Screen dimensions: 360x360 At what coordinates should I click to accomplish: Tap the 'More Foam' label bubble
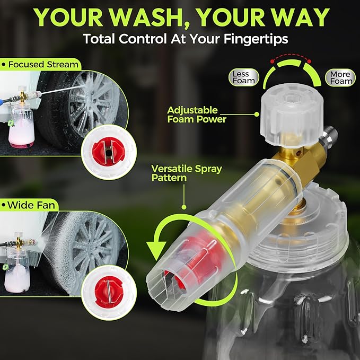[340, 77]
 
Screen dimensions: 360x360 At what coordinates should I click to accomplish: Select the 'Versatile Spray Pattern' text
[186, 173]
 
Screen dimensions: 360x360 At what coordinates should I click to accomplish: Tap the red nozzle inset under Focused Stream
[108, 153]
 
